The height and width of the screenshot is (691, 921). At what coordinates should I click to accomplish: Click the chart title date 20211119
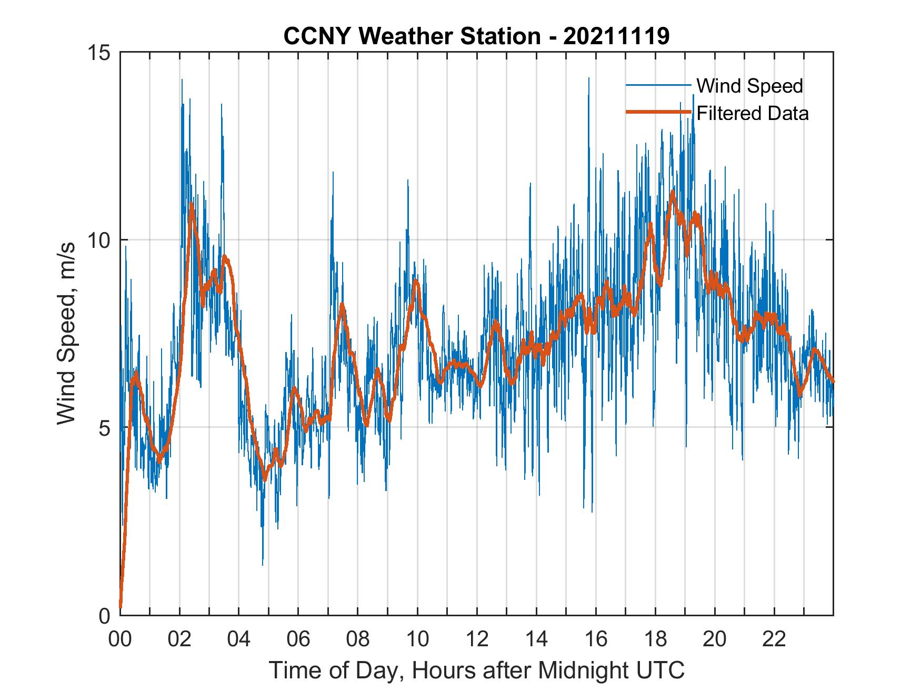(616, 36)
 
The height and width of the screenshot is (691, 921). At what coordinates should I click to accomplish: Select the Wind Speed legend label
(749, 86)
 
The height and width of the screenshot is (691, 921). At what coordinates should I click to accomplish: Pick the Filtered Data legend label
(752, 113)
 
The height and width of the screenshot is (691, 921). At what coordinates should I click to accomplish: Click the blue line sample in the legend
(658, 85)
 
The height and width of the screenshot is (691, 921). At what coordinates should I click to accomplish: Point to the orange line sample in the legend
(658, 113)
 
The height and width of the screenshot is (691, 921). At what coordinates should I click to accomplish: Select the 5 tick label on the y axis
(104, 428)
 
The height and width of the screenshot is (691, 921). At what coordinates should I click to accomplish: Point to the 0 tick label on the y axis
(104, 616)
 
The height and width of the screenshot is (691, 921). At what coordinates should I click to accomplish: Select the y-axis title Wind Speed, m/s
(66, 333)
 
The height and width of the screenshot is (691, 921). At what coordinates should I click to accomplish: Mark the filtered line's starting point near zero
(121, 606)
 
